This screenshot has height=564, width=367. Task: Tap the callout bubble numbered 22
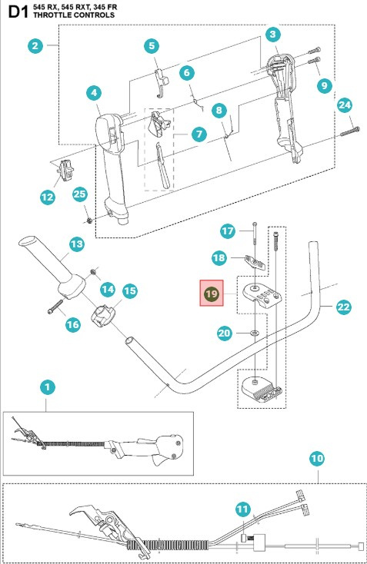(342, 307)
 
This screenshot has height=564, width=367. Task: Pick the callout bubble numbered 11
(243, 509)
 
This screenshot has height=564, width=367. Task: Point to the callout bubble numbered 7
(199, 133)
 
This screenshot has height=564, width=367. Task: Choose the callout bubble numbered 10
(316, 459)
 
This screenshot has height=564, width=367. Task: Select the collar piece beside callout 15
(104, 315)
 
